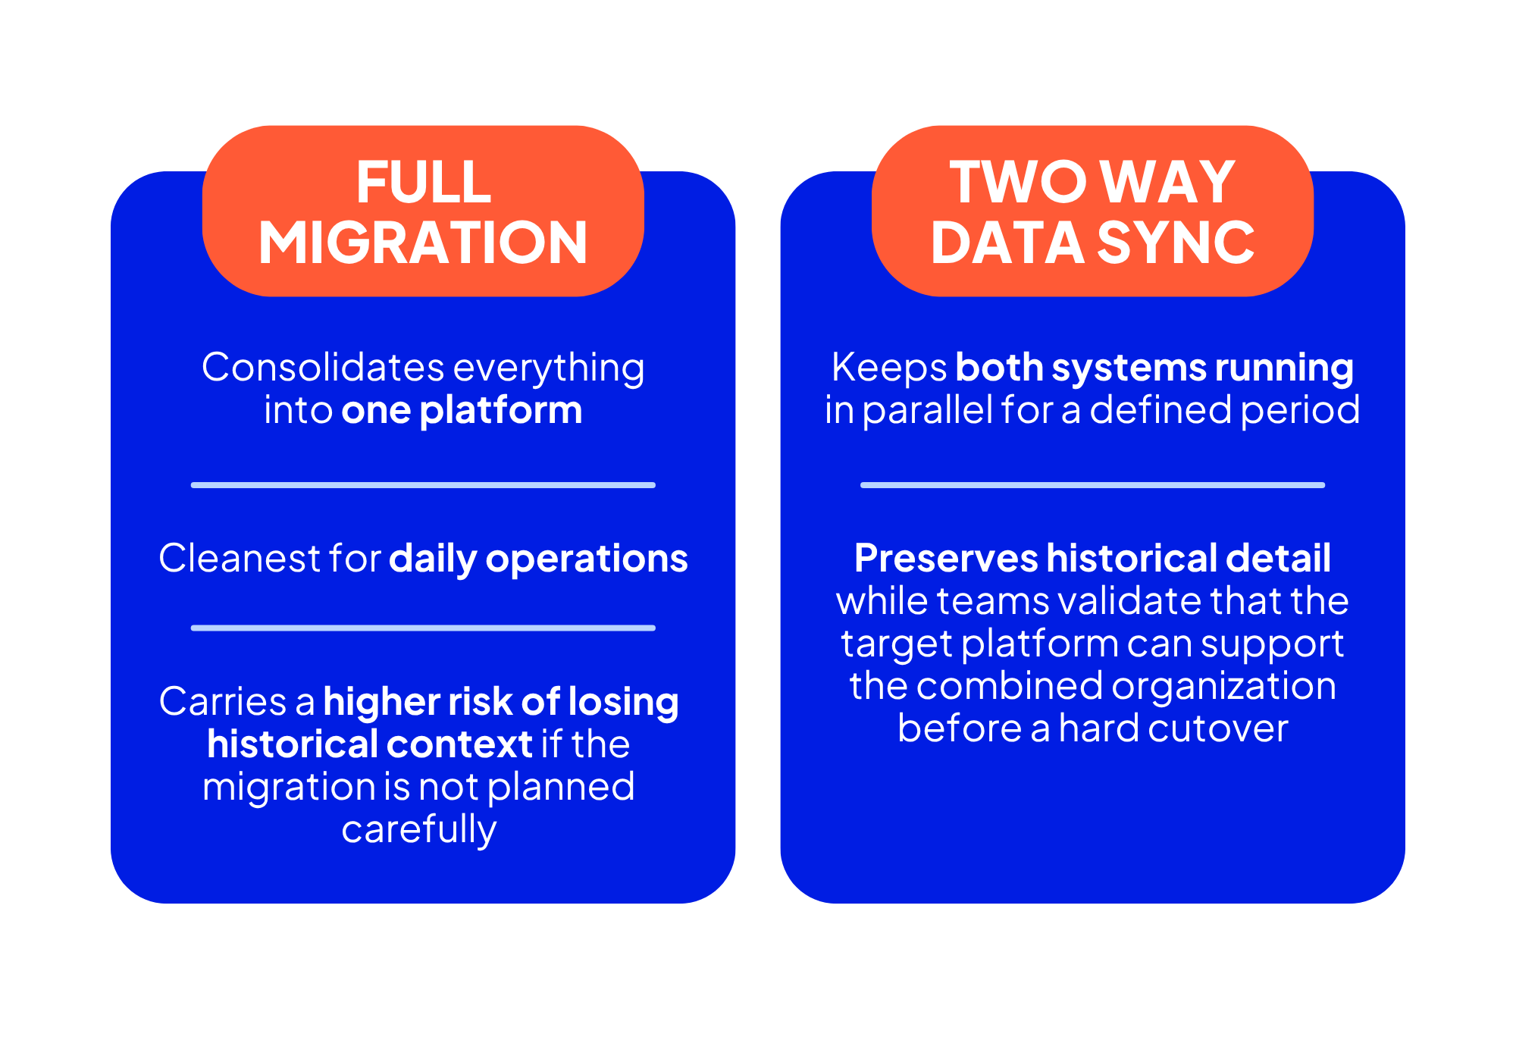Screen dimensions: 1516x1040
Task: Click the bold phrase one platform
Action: pos(462,410)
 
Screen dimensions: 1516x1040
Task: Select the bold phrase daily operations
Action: pos(538,559)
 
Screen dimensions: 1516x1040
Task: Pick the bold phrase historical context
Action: pos(370,744)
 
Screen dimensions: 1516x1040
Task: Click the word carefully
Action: pos(419,829)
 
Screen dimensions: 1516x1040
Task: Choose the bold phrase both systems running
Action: pos(1154,368)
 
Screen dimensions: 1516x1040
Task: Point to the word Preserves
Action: pos(945,558)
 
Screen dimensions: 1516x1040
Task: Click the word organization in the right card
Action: pos(1223,687)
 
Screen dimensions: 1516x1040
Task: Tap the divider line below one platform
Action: pos(423,485)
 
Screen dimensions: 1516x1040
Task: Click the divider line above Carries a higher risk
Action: pos(423,628)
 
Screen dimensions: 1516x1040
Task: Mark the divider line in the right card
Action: pos(1092,485)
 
